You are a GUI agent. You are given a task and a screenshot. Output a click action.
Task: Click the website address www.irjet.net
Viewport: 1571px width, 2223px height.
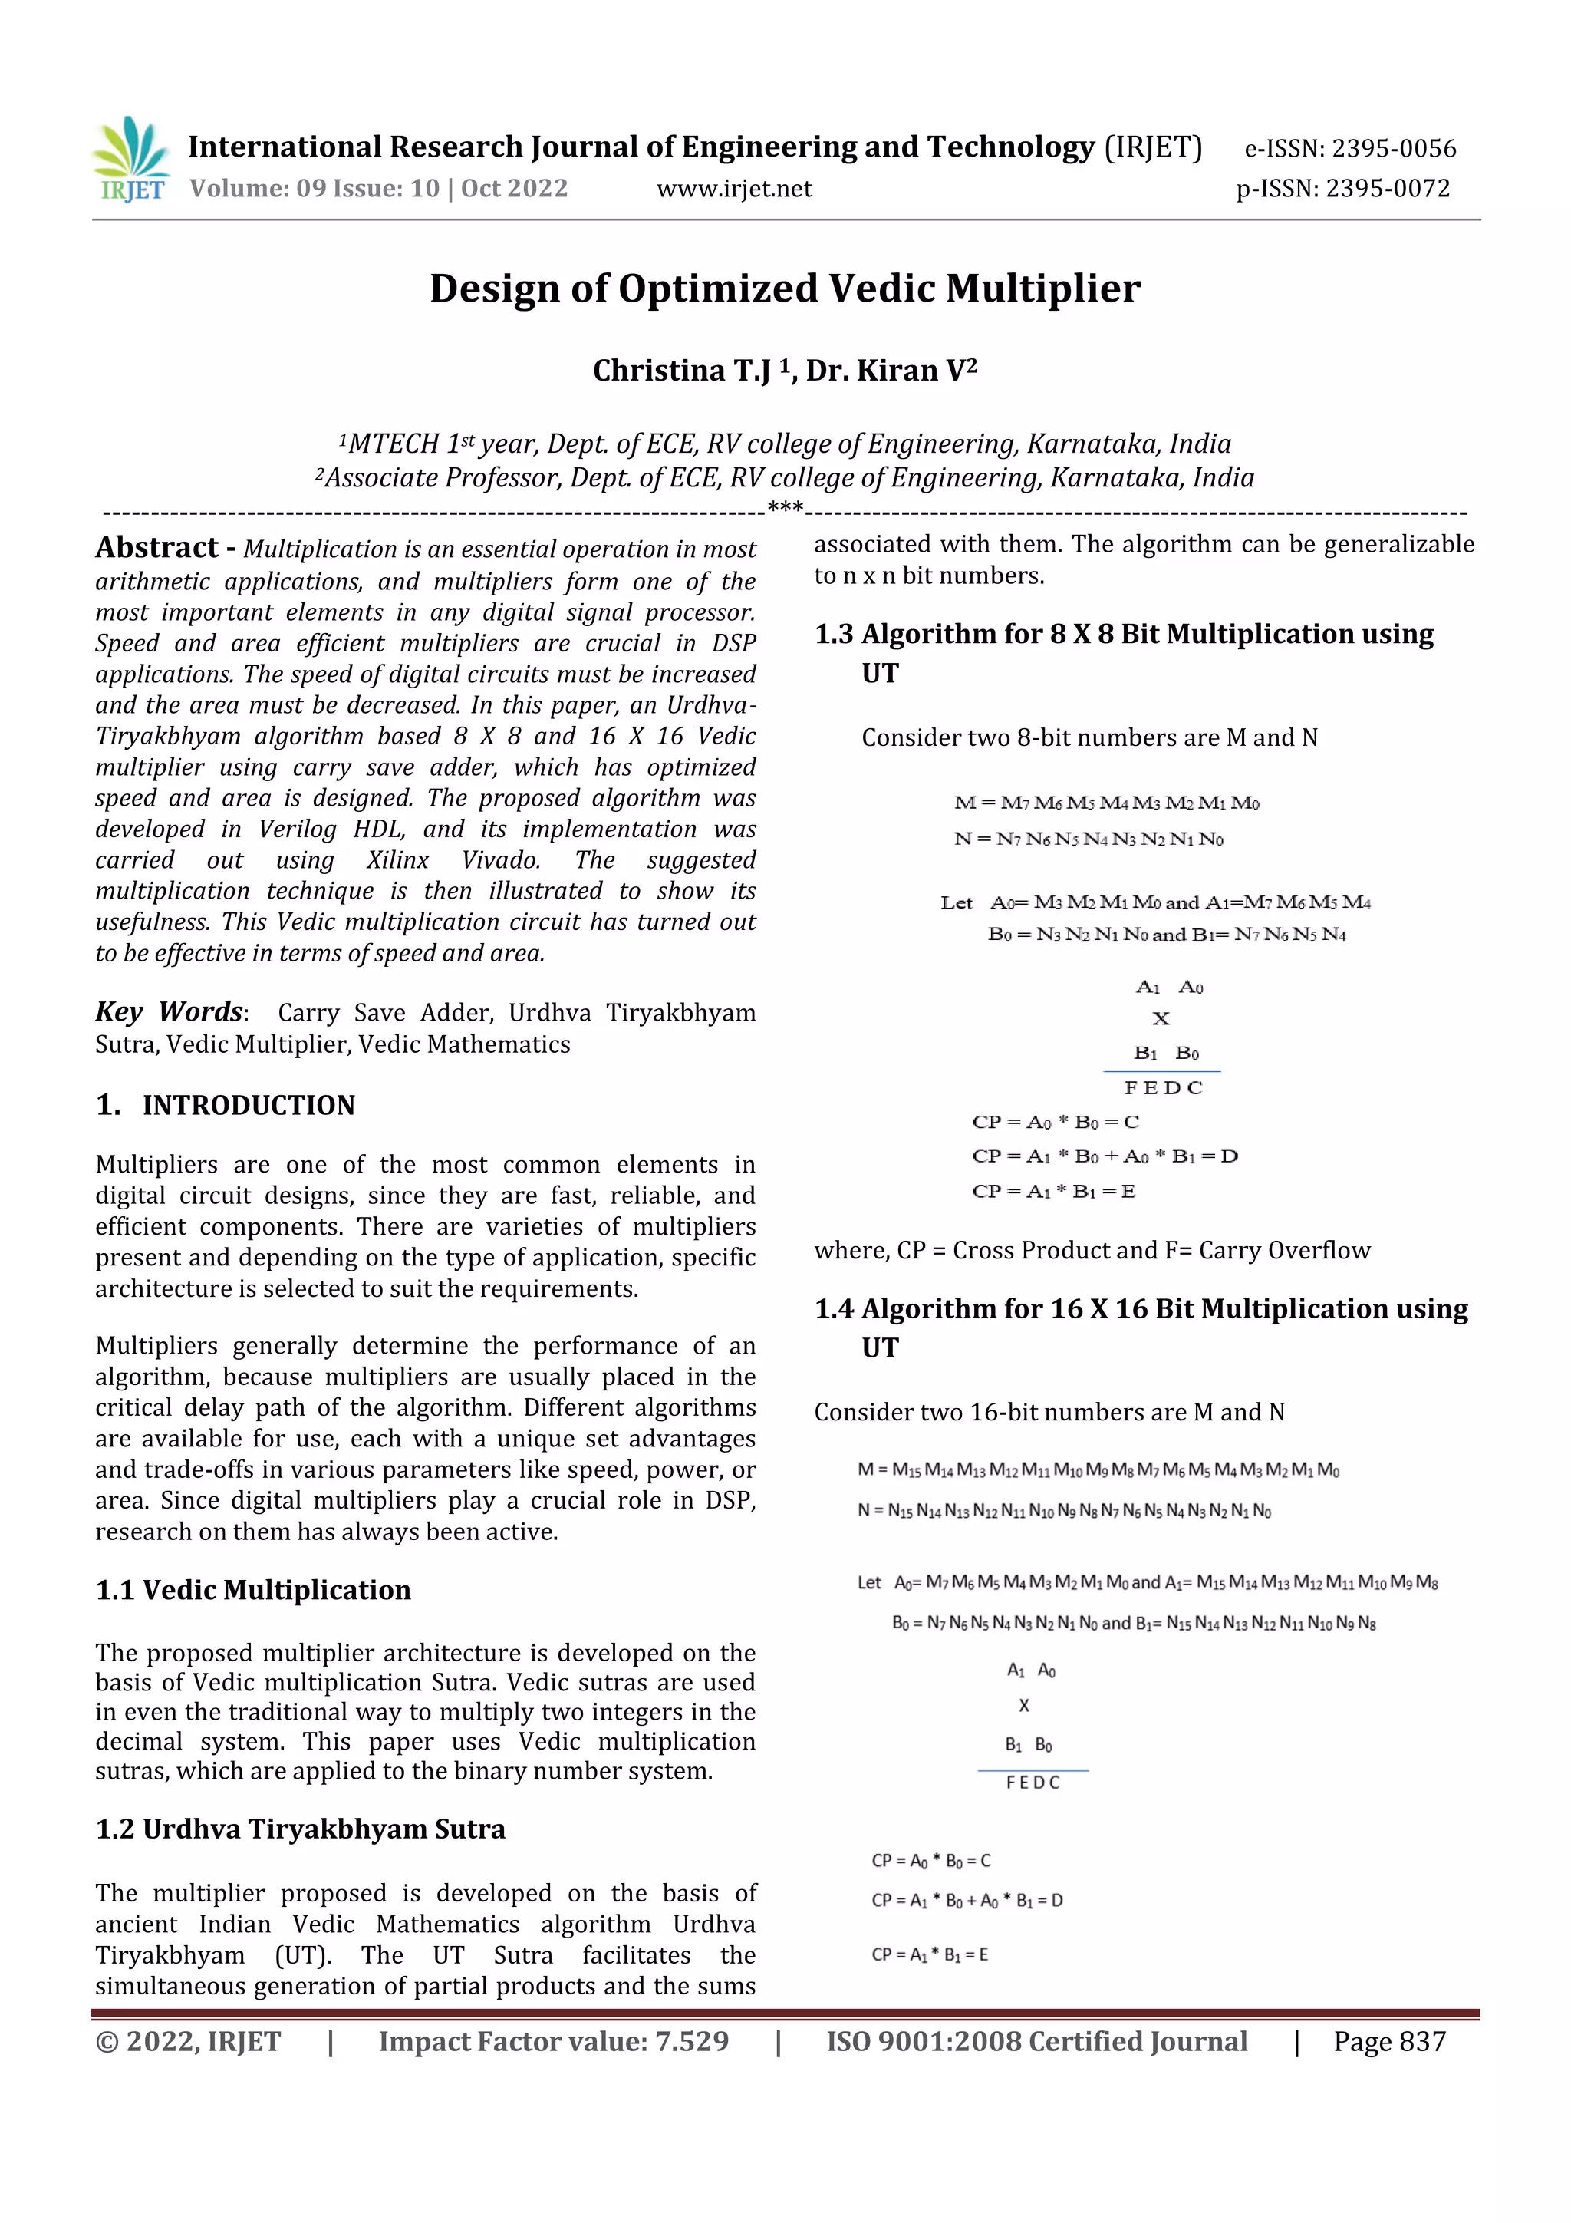coord(733,189)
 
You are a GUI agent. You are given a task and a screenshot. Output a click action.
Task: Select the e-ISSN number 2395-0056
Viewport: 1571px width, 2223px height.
coord(1393,149)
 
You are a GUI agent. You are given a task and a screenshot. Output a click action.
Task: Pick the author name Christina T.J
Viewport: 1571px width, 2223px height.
coord(681,371)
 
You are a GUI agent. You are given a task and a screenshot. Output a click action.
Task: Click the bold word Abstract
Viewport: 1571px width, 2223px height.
coord(156,548)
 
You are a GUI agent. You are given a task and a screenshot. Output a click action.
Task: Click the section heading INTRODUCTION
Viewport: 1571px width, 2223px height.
coord(248,1105)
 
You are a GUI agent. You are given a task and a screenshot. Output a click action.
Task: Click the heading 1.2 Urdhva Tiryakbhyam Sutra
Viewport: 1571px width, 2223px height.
coord(300,1829)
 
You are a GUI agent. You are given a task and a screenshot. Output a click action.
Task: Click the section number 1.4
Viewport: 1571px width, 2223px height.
coord(833,1309)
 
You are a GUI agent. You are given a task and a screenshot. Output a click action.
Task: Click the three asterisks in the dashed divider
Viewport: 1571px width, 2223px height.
coord(784,506)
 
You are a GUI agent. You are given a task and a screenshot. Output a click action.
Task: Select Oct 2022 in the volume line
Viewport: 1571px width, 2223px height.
coord(514,189)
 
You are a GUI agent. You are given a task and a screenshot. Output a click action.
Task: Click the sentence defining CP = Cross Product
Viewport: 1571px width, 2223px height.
coord(1092,1250)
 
